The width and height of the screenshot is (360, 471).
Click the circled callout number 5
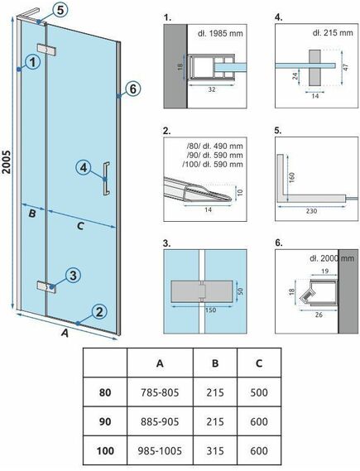click(x=60, y=11)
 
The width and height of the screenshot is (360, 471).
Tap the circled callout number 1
click(x=32, y=63)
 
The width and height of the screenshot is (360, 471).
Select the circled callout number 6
click(x=133, y=89)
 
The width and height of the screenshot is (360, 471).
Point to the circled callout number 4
click(x=84, y=167)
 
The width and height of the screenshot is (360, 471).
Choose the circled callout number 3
click(x=73, y=275)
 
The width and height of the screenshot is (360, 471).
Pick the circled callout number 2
click(x=99, y=312)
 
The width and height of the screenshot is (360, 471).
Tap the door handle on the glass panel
click(x=106, y=179)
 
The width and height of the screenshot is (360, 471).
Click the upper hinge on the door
click(x=47, y=50)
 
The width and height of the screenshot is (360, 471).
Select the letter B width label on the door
click(x=32, y=214)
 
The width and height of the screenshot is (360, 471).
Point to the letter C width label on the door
click(x=80, y=226)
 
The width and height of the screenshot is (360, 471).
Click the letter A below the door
click(x=65, y=333)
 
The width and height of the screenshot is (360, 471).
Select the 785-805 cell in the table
click(x=160, y=392)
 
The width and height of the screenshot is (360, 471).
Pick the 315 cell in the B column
click(x=215, y=450)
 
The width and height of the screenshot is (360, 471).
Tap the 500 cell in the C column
click(x=259, y=392)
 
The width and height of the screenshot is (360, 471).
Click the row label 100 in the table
click(x=105, y=450)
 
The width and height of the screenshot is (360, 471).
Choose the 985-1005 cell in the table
click(x=160, y=450)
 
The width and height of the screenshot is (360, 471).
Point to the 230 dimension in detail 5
click(x=311, y=211)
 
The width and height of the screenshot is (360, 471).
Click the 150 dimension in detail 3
click(x=210, y=310)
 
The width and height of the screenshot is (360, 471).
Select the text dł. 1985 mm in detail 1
click(x=220, y=33)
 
